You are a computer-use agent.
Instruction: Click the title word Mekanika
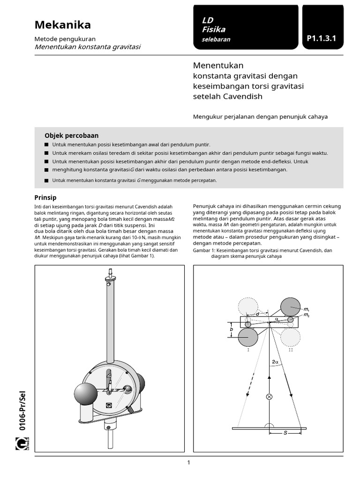click(63, 25)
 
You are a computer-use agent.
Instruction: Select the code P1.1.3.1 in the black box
click(322, 39)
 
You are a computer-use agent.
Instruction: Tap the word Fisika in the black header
click(213, 30)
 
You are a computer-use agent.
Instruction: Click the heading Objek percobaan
click(71, 135)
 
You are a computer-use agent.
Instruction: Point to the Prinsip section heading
click(45, 197)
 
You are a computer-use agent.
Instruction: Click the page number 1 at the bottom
click(188, 463)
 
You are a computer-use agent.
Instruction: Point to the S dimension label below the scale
click(285, 434)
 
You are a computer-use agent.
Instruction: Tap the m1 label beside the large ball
click(306, 309)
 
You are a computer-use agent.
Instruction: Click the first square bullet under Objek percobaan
click(46, 145)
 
